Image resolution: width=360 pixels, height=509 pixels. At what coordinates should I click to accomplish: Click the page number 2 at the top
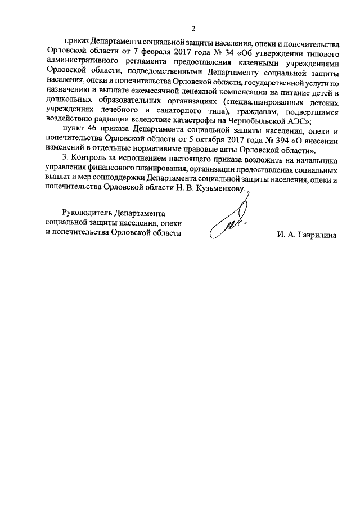coord(193,29)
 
